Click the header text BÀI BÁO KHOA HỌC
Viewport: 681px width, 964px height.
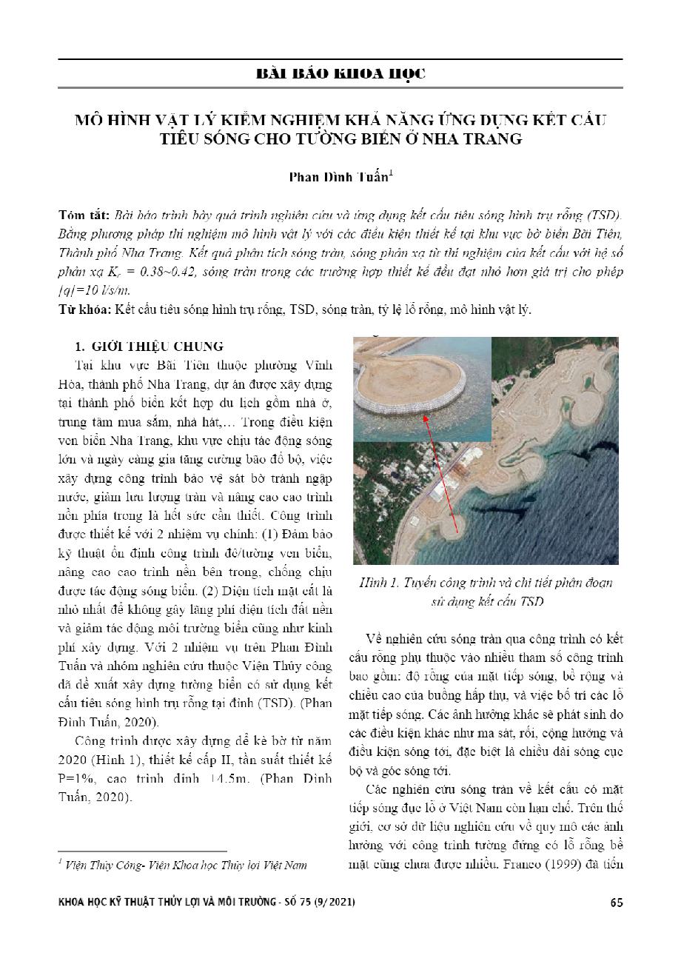(x=340, y=74)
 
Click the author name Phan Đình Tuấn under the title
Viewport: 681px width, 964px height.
(x=338, y=178)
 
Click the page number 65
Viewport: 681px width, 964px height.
(x=616, y=903)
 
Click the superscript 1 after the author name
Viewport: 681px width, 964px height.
(x=391, y=174)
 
